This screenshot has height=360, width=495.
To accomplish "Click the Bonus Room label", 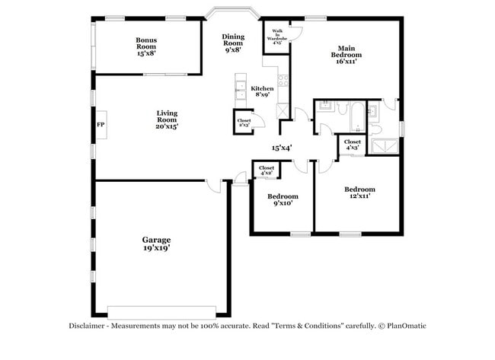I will pos(146,46).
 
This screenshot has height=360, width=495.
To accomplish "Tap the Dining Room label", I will pos(232,43).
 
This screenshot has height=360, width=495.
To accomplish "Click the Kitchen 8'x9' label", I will pos(262,91).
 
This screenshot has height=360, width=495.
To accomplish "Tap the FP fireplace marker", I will pos(100,124).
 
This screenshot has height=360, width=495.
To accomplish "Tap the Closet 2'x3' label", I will pos(244,123).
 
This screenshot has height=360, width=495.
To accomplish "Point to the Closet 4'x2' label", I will pos(267,170).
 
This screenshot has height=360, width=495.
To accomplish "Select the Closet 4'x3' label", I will pos(352,144).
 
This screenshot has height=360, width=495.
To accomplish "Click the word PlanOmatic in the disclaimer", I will pos(405,326).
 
